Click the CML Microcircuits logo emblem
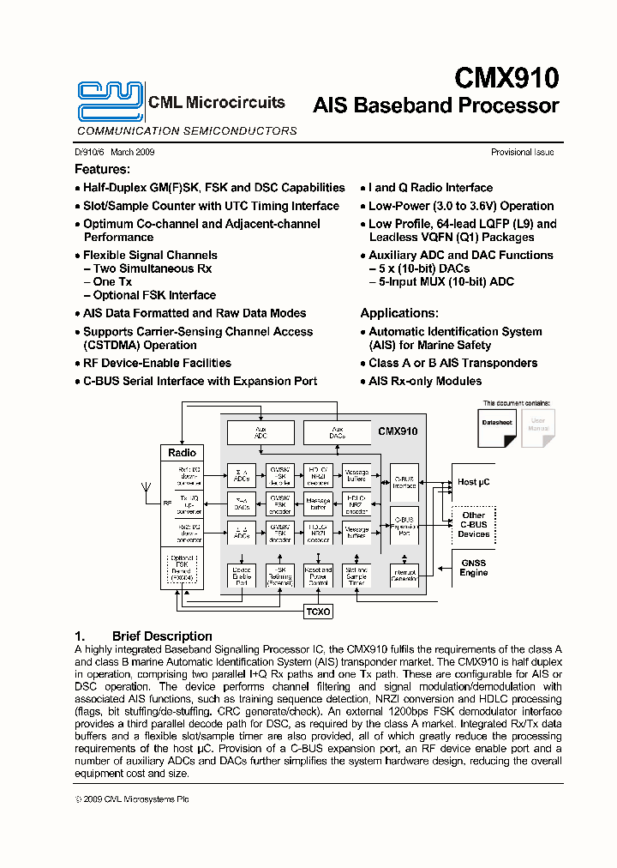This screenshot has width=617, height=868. pyautogui.click(x=110, y=101)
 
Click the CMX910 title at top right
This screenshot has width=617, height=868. pyautogui.click(x=506, y=78)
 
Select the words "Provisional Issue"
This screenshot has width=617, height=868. pyautogui.click(x=522, y=153)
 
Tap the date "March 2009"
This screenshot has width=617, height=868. pyautogui.click(x=132, y=153)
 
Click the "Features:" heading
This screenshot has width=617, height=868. pyautogui.click(x=102, y=170)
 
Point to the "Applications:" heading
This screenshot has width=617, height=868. pyautogui.click(x=399, y=313)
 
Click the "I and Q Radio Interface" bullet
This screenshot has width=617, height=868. pyautogui.click(x=430, y=188)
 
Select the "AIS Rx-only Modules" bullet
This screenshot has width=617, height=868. pyautogui.click(x=425, y=382)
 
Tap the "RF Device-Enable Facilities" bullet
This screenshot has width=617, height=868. pyautogui.click(x=157, y=364)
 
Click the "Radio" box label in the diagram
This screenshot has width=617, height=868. pyautogui.click(x=182, y=453)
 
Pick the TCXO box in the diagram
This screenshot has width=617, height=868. pyautogui.click(x=319, y=612)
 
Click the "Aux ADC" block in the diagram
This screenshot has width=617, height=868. pyautogui.click(x=261, y=431)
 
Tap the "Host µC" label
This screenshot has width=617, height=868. pyautogui.click(x=473, y=482)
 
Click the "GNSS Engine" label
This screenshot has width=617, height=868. pyautogui.click(x=473, y=568)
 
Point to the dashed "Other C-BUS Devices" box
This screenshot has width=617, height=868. pyautogui.click(x=473, y=524)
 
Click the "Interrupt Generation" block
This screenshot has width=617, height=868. pyautogui.click(x=404, y=576)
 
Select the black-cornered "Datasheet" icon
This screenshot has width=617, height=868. pyautogui.click(x=497, y=427)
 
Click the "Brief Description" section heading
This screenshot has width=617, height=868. pyautogui.click(x=162, y=636)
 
